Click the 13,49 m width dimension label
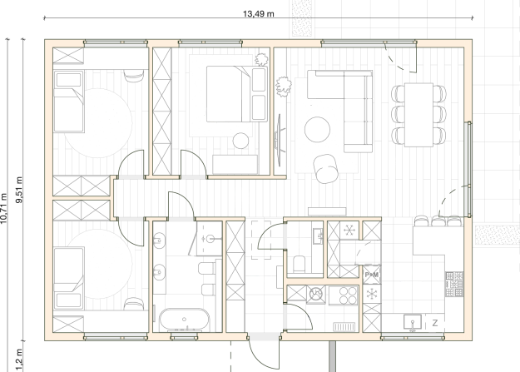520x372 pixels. [x=259, y=13]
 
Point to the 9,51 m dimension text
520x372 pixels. [x=19, y=190]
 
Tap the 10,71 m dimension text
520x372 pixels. [x=3, y=208]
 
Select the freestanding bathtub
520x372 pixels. [x=185, y=320]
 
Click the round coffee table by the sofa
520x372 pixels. [x=317, y=130]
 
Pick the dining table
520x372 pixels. [x=418, y=115]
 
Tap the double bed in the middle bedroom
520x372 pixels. [x=237, y=94]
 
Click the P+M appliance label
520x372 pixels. [x=371, y=275]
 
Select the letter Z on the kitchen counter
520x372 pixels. [x=435, y=323]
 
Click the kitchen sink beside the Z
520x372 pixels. [x=413, y=322]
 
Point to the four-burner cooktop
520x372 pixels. [x=344, y=295]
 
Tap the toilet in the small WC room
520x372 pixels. [x=300, y=264]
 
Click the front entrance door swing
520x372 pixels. [x=264, y=355]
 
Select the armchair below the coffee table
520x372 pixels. [x=326, y=169]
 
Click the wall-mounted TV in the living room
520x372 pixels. [x=279, y=140]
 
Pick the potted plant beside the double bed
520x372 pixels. [x=261, y=60]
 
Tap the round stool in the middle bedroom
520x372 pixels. [x=240, y=141]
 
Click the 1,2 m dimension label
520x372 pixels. [x=19, y=360]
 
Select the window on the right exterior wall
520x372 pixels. [x=469, y=169]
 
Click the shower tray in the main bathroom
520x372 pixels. [x=209, y=239]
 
